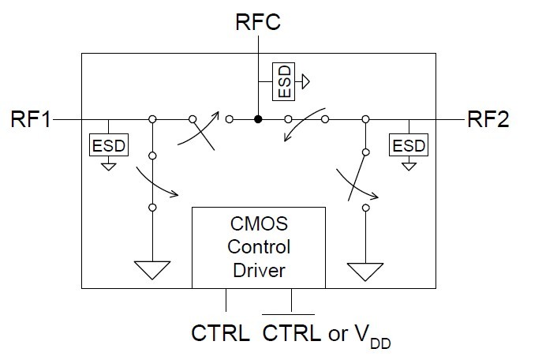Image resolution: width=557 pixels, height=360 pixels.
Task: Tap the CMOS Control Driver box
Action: click(259, 246)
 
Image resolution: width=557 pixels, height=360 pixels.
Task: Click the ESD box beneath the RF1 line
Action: click(107, 145)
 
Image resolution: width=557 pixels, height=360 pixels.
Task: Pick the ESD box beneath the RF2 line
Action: click(408, 145)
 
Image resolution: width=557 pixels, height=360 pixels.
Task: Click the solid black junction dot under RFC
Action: click(258, 120)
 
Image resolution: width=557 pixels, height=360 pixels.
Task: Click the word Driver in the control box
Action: click(259, 271)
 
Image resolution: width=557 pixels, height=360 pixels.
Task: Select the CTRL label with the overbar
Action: click(293, 333)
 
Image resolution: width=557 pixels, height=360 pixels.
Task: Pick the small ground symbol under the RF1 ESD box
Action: click(107, 166)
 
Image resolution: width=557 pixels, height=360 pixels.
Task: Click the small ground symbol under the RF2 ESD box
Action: click(408, 166)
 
